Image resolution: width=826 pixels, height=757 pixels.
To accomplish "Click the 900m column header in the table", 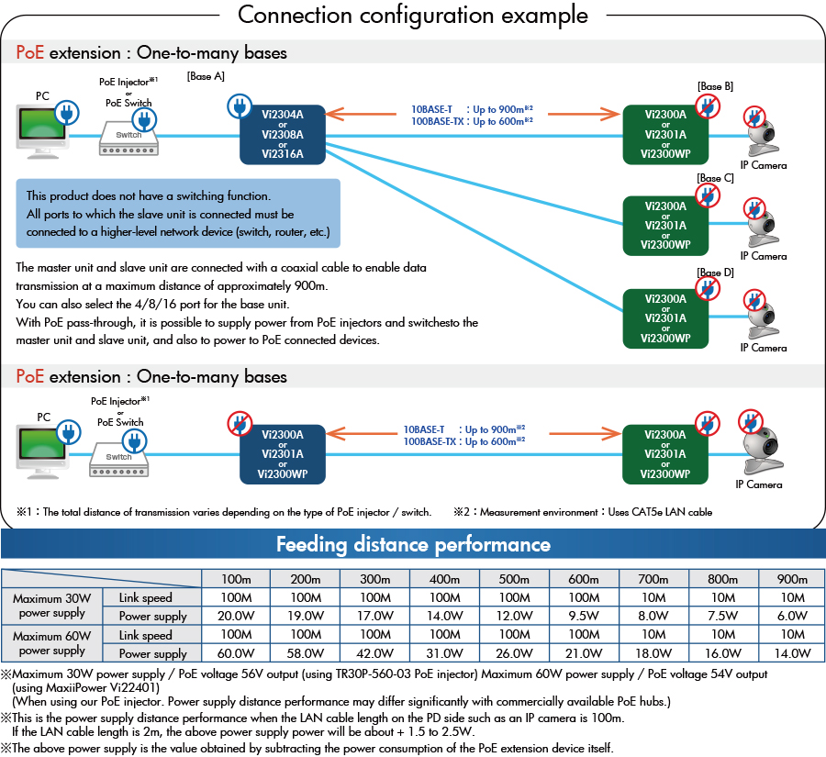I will [792, 579].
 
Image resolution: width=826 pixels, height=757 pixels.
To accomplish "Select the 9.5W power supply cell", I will [584, 616].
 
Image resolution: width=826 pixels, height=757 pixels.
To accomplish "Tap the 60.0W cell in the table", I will [236, 653].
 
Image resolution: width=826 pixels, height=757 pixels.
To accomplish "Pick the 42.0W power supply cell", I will [374, 653].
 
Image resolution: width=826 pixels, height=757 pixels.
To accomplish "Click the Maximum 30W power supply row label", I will [51, 607].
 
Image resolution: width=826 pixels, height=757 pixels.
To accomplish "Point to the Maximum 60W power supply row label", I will [51, 643].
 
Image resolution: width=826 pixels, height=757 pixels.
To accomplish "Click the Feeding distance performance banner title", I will [413, 544].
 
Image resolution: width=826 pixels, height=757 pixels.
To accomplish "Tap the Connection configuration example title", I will [413, 16].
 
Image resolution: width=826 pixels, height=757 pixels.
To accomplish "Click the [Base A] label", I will [206, 76].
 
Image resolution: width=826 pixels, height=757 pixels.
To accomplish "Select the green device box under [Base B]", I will [665, 135].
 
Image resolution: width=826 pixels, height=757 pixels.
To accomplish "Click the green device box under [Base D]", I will [665, 318].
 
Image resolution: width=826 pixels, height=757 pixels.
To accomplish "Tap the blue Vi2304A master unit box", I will [282, 134].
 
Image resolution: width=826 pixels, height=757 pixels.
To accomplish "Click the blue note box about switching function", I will [178, 214].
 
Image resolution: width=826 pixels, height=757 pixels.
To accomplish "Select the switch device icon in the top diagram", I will [128, 136].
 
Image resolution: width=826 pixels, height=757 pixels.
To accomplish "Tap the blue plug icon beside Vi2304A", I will [239, 106].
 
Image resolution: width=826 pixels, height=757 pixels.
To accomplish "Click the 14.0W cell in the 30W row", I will [444, 616].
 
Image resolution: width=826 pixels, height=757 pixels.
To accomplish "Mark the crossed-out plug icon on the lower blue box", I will [240, 424].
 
